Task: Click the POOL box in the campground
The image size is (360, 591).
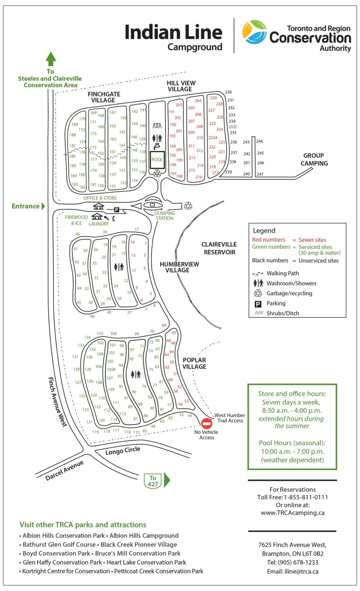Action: pyautogui.click(x=157, y=160)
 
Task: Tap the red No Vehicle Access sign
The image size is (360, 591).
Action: pyautogui.click(x=207, y=424)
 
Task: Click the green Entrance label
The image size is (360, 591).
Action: pyautogui.click(x=26, y=206)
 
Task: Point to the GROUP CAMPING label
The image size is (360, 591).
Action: pyautogui.click(x=314, y=159)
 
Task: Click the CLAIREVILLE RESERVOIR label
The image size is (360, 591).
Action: pyautogui.click(x=219, y=248)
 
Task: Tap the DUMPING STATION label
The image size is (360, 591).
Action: pyautogui.click(x=165, y=216)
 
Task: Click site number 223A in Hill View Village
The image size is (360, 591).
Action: pyautogui.click(x=213, y=138)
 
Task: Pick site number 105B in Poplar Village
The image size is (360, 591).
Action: pyautogui.click(x=111, y=369)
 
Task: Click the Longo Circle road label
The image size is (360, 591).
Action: pyautogui.click(x=123, y=451)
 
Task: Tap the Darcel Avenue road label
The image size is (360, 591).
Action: pyautogui.click(x=64, y=471)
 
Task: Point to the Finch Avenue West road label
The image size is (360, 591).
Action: pyautogui.click(x=57, y=401)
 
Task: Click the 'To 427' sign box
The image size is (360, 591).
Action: pyautogui.click(x=153, y=481)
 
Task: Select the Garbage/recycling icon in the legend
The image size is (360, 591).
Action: pyautogui.click(x=258, y=294)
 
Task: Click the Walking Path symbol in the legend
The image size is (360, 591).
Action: pyautogui.click(x=258, y=274)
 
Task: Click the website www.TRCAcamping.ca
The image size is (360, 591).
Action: pyautogui.click(x=293, y=513)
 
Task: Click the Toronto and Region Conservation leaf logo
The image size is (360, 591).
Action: pyautogui.click(x=254, y=32)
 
